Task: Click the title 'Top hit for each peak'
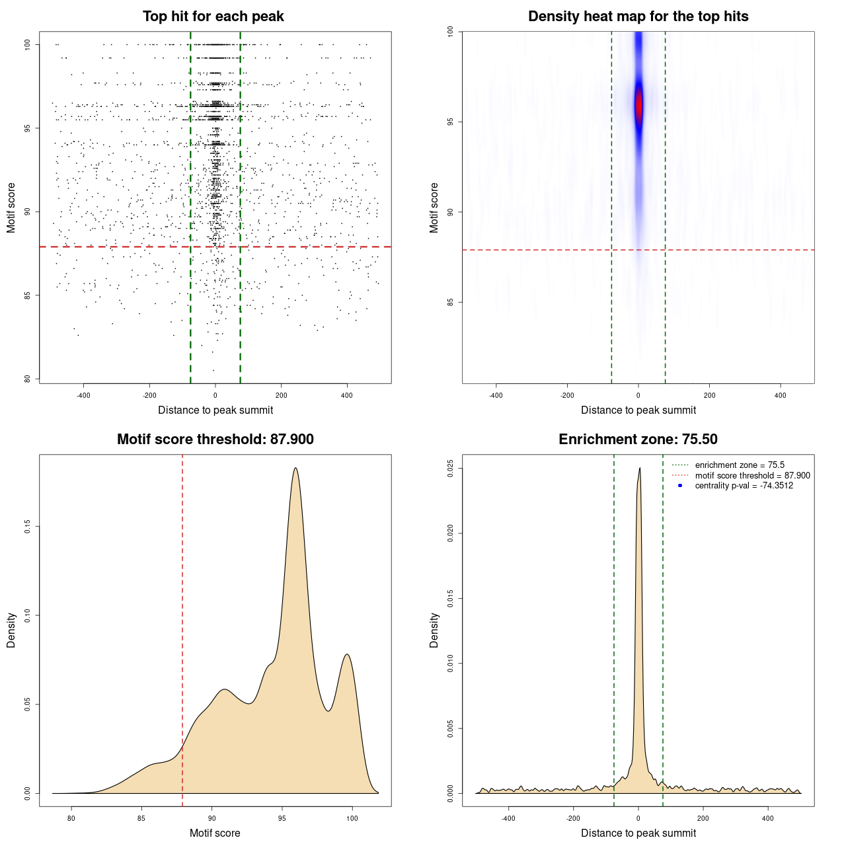click(x=213, y=17)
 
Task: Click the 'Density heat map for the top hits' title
click(x=638, y=17)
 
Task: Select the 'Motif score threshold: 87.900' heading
click(x=215, y=440)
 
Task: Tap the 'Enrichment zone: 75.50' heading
click(x=638, y=440)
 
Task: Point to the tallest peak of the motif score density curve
click(x=295, y=469)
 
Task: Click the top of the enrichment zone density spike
click(x=640, y=469)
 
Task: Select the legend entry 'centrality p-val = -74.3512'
click(x=744, y=486)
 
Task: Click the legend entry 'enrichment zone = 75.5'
click(x=740, y=465)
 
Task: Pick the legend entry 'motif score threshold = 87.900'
click(x=752, y=476)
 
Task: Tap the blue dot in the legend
click(x=680, y=486)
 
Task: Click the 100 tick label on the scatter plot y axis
click(x=28, y=44)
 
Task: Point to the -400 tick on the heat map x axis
click(x=496, y=395)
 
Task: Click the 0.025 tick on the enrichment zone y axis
click(x=451, y=469)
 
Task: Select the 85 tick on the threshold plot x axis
click(x=141, y=818)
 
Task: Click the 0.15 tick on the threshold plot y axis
click(x=28, y=526)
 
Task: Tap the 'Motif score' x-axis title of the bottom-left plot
click(x=215, y=833)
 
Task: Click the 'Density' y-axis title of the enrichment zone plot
click(x=434, y=630)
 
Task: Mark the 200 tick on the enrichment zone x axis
click(x=703, y=818)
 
